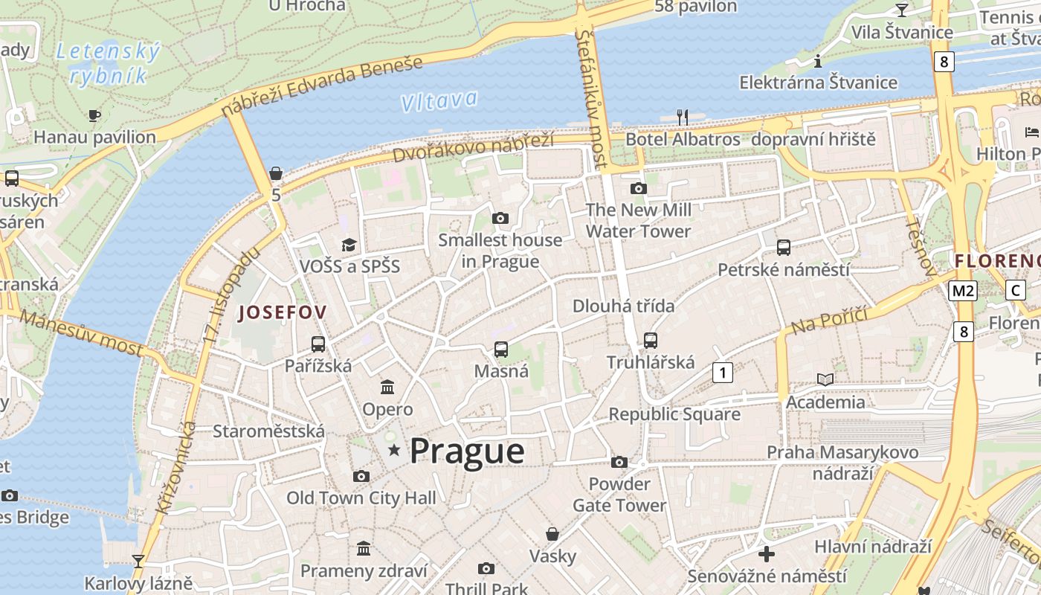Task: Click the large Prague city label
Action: pyautogui.click(x=467, y=451)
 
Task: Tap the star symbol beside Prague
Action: pyautogui.click(x=394, y=450)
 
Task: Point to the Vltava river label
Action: pyautogui.click(x=439, y=101)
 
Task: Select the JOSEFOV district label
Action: pyautogui.click(x=282, y=312)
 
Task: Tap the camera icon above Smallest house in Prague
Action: pyautogui.click(x=500, y=218)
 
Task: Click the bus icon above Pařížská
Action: pyautogui.click(x=318, y=344)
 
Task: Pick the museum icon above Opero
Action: pyautogui.click(x=387, y=387)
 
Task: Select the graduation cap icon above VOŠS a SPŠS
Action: pyautogui.click(x=349, y=245)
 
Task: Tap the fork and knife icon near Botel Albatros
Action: pyautogui.click(x=683, y=117)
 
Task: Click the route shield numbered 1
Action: pyautogui.click(x=722, y=372)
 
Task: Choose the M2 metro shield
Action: pyautogui.click(x=962, y=291)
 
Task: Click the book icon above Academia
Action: pyautogui.click(x=825, y=379)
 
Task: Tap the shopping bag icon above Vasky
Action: pyautogui.click(x=552, y=534)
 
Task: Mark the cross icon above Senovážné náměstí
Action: pyautogui.click(x=767, y=554)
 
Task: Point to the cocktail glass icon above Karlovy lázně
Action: pyautogui.click(x=138, y=561)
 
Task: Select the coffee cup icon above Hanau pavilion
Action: pyautogui.click(x=94, y=115)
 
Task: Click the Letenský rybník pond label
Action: pyautogui.click(x=109, y=63)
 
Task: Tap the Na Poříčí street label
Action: pyautogui.click(x=829, y=320)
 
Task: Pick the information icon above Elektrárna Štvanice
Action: pyautogui.click(x=818, y=61)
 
